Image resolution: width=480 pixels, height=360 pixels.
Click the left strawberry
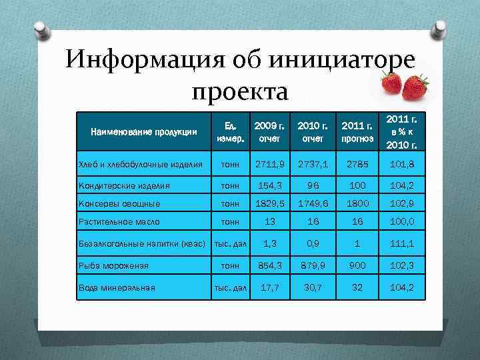coord(390,83)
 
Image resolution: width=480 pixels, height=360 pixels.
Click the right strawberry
coord(416,86)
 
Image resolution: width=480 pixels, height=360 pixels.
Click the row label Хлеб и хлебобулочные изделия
coord(140,164)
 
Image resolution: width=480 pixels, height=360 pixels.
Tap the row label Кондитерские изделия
coord(125,187)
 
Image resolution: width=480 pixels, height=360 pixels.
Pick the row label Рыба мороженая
coord(113,265)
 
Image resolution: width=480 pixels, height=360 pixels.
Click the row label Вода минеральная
coord(117,288)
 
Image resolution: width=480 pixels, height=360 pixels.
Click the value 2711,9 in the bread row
coord(266,164)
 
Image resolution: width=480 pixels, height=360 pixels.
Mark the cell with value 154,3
coord(266,187)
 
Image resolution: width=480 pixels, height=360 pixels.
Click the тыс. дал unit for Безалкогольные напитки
coord(229,243)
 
